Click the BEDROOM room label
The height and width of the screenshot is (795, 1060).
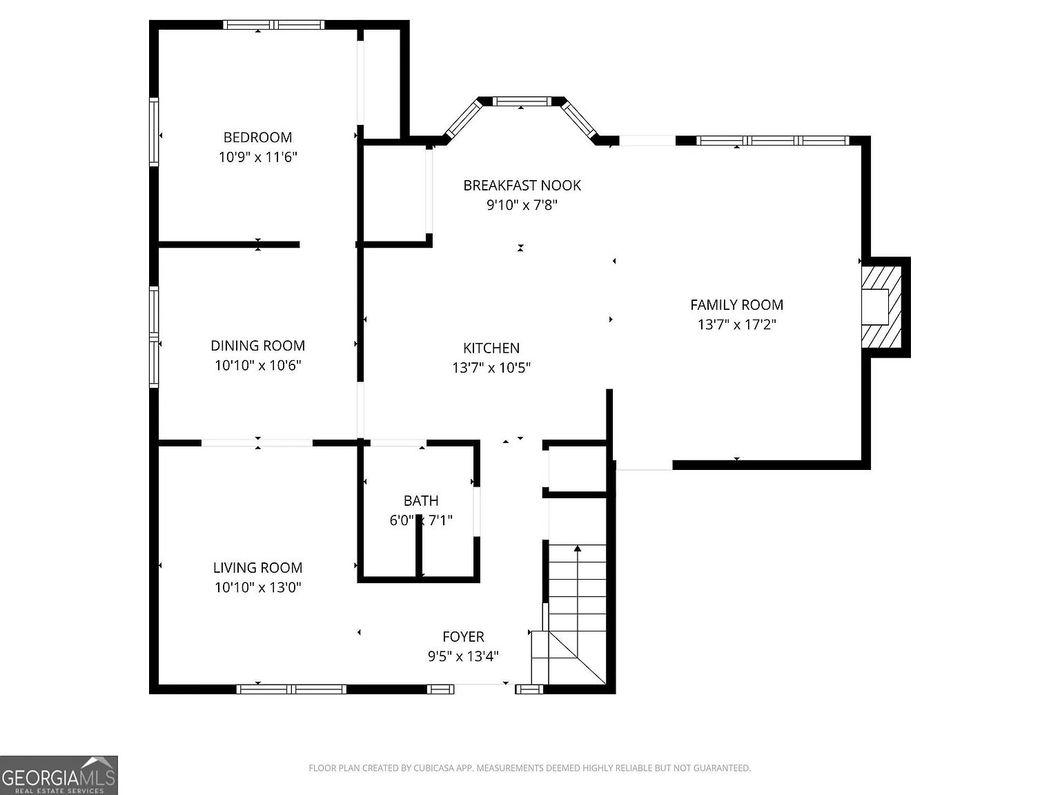257,137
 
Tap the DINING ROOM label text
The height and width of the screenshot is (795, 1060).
257,346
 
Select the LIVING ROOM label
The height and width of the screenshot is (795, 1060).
257,568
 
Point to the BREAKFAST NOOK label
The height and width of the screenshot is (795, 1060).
522,186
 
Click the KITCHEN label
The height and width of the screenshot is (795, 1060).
491,348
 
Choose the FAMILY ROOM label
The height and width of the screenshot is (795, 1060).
736,305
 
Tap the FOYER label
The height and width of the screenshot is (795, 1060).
463,637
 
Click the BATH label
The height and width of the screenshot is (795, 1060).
421,500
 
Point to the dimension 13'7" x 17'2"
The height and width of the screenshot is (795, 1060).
736,324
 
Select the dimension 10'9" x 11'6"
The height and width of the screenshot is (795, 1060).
257,157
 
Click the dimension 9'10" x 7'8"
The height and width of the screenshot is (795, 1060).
522,205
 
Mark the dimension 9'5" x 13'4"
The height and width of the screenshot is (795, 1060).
463,656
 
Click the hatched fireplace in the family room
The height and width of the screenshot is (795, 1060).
882,307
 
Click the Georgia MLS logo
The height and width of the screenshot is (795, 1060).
59,775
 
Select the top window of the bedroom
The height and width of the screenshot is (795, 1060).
273,25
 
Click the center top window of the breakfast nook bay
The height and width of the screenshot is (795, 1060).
521,101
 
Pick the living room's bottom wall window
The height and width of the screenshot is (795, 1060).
291,689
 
